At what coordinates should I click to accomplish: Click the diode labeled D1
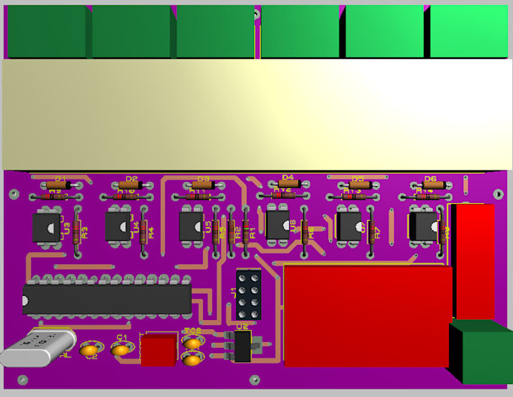(57, 184)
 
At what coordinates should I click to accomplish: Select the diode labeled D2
(131, 184)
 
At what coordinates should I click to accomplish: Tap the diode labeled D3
(202, 184)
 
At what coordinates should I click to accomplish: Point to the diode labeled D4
(287, 183)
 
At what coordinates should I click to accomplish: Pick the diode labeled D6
(431, 184)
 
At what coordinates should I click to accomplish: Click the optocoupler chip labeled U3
(47, 226)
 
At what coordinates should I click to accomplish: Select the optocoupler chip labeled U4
(119, 225)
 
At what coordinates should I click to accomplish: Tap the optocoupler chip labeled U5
(192, 225)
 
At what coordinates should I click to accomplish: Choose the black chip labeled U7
(349, 224)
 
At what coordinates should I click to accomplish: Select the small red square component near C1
(158, 350)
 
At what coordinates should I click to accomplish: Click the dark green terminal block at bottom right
(481, 351)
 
